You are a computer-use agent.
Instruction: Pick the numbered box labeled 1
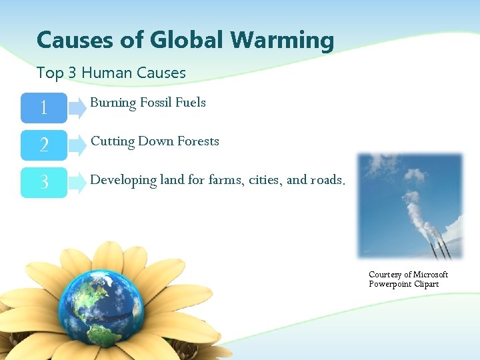point(44,107)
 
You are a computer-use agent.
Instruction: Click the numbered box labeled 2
point(44,145)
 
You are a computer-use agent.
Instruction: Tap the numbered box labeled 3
point(44,182)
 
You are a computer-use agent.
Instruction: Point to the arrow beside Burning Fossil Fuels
point(77,107)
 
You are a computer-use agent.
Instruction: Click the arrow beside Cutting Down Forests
point(77,145)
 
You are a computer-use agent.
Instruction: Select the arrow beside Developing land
point(77,182)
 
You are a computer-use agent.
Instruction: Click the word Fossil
point(156,103)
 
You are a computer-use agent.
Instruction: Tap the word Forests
point(197,141)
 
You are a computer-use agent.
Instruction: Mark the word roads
point(328,180)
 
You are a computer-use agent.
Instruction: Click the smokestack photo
point(409,205)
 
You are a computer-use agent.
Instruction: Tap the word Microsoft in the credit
point(431,275)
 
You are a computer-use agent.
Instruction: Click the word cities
point(265,180)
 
